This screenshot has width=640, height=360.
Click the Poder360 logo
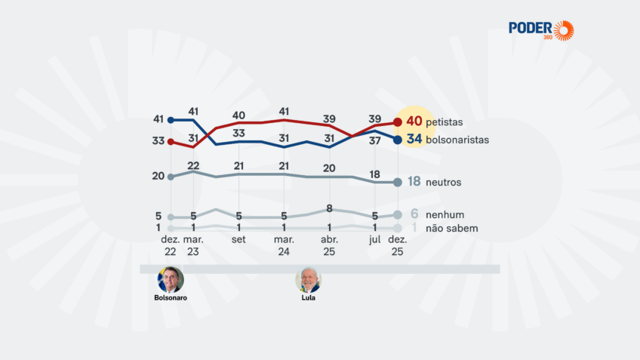(541, 30)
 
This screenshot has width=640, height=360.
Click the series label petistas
(446, 122)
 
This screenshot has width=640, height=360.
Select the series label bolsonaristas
(457, 140)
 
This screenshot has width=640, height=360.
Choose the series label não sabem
(451, 228)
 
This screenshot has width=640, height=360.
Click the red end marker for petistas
(398, 122)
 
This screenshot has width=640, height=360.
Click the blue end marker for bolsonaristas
(398, 140)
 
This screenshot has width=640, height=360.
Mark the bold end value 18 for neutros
(414, 182)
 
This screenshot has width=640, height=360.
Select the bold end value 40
(414, 122)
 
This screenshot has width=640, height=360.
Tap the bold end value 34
(414, 140)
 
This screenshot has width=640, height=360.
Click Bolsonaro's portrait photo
(171, 279)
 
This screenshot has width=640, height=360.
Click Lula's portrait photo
(307, 280)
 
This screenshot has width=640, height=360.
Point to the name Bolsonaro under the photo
(171, 298)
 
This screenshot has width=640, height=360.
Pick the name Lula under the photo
(307, 298)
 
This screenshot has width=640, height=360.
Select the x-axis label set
(238, 239)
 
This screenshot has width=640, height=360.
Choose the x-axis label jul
(375, 239)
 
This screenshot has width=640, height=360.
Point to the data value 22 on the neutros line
(193, 165)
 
